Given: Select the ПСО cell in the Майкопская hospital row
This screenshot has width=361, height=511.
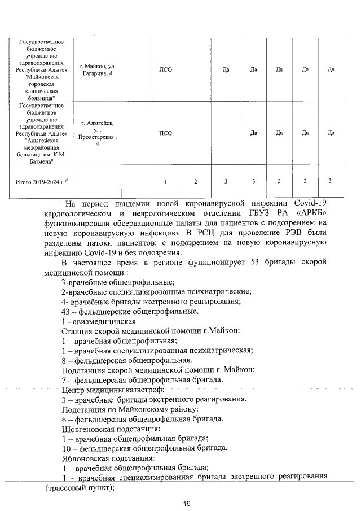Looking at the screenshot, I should point(165,69).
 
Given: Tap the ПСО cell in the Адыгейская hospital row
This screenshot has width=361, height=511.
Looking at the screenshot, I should point(165,133).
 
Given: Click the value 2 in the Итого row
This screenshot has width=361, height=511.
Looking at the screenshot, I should point(195,181).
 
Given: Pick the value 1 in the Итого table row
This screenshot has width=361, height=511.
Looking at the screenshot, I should point(165,181).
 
